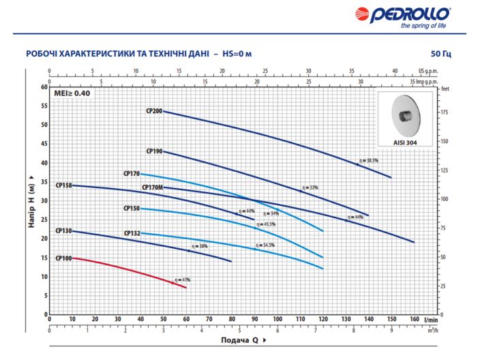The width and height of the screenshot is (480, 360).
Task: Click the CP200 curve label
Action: coord(153,110)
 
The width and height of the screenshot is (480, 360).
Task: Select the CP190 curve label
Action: coord(153,151)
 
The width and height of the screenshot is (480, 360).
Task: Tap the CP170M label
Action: coord(151,187)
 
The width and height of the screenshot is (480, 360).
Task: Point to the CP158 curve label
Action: coord(64,185)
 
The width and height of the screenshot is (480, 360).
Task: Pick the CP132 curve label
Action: coord(132,233)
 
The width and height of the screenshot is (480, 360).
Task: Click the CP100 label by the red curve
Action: coord(63,258)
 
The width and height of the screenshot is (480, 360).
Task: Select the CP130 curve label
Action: coord(63,231)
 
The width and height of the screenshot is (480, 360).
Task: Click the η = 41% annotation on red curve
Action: coord(182,280)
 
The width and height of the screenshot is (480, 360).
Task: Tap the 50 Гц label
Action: coord(441,54)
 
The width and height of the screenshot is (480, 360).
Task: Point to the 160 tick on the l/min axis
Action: coord(414,318)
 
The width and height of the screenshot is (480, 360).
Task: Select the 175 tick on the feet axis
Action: coord(445,112)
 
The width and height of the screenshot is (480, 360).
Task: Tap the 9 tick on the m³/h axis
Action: coord(392,331)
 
